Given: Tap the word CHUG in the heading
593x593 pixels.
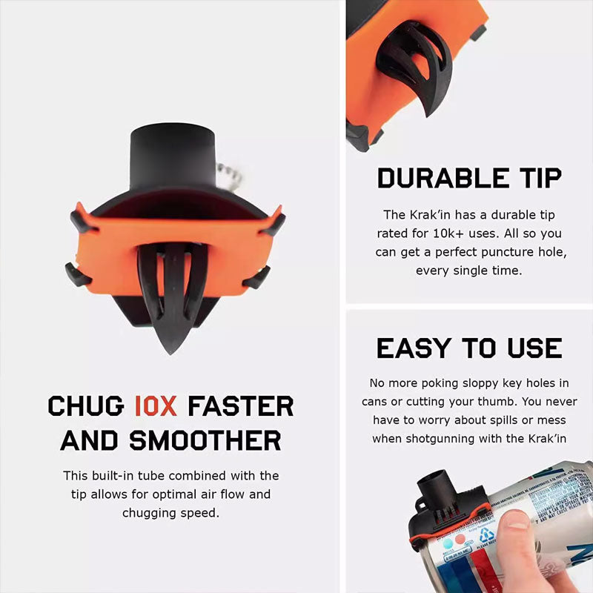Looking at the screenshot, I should tap(87, 405).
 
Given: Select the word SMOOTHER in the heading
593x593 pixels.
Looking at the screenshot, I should tap(205, 440).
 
